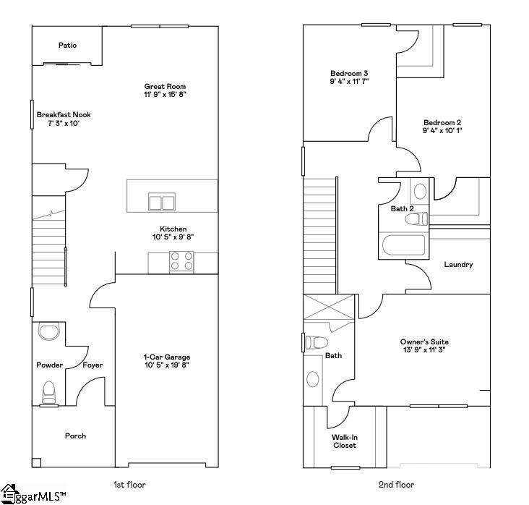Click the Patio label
[68, 46]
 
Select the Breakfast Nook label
[64, 114]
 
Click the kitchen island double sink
[162, 201]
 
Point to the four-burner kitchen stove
[182, 261]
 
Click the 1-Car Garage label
[166, 357]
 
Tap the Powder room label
[50, 365]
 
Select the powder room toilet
[49, 391]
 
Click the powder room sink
[49, 332]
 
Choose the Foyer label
[93, 365]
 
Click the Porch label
[75, 436]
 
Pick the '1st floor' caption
[130, 485]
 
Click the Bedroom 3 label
[350, 73]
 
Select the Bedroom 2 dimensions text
[442, 131]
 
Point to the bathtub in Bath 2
[405, 246]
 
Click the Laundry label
[459, 264]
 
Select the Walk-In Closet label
[345, 441]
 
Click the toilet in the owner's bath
[317, 342]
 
